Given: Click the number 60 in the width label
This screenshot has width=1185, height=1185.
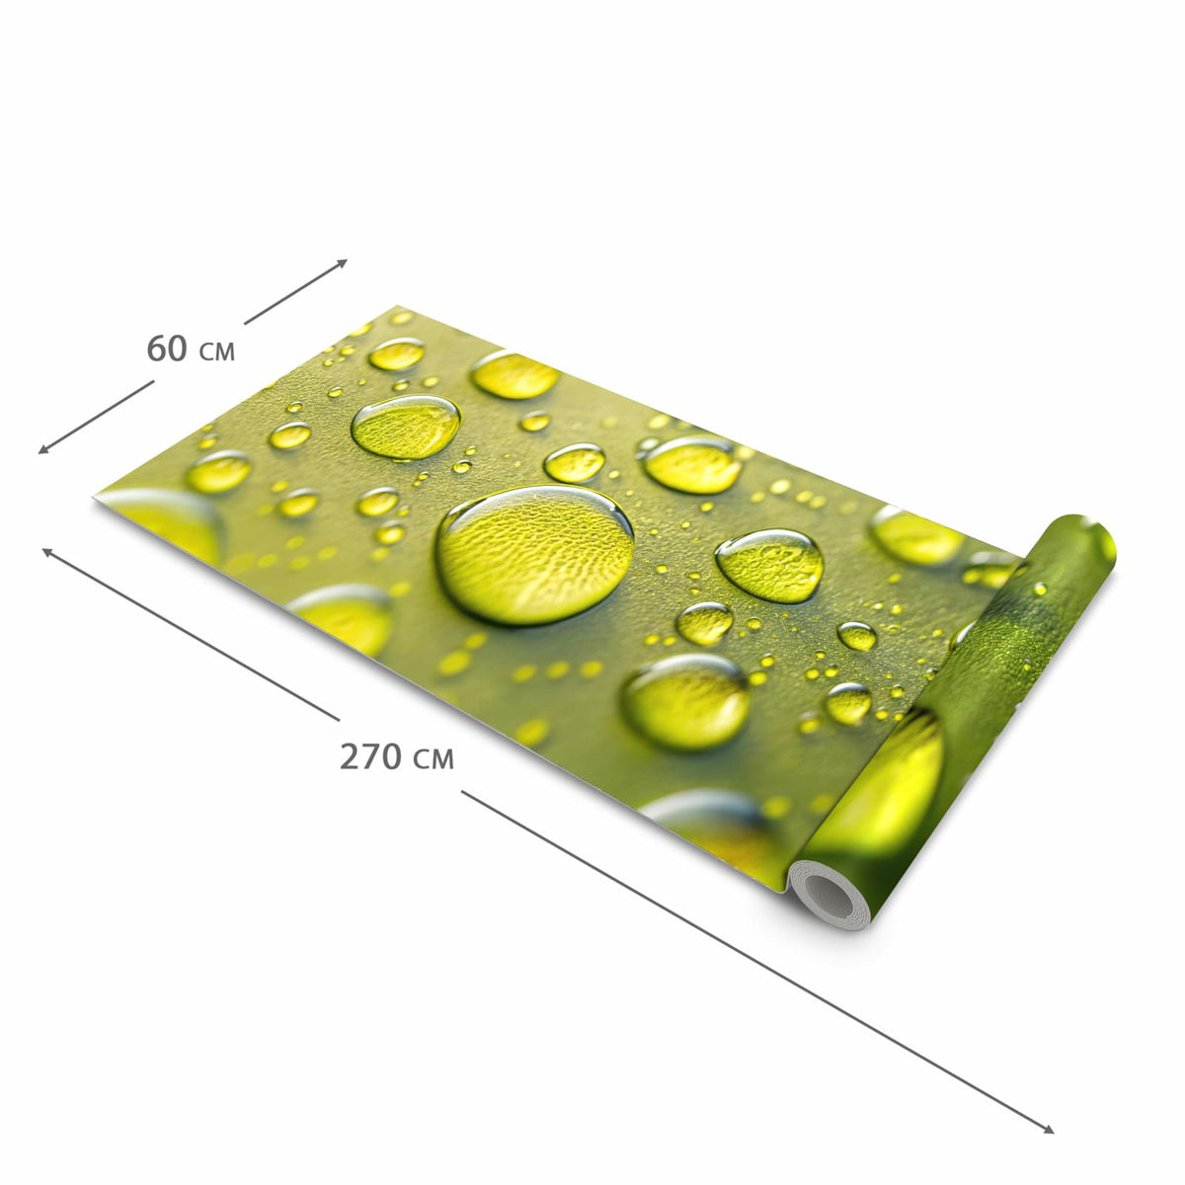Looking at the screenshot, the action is pos(167,349).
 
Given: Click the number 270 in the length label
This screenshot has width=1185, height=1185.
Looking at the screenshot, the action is pos(371,757).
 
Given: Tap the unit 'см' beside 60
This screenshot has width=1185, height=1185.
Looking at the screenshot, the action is pos(217,352).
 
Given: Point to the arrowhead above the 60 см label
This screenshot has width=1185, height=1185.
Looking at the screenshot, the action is pos(342,264).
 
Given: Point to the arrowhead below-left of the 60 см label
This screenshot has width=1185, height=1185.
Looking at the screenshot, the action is pos(44,449).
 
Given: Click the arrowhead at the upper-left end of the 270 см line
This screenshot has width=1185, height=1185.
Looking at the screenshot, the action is pos(48,552).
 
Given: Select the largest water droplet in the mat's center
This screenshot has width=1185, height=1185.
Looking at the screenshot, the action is pos(535,554).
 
